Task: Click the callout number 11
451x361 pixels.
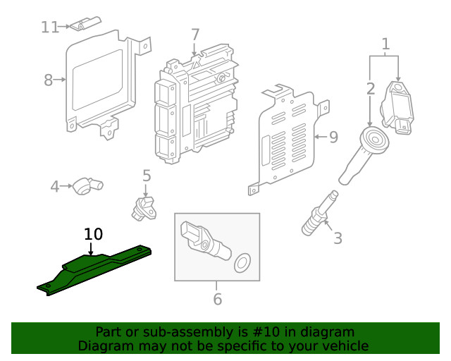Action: tap(49, 27)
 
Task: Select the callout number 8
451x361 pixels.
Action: tap(48, 80)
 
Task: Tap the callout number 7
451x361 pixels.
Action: tap(195, 34)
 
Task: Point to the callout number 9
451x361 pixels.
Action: tap(333, 136)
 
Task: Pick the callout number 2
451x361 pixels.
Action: tap(371, 88)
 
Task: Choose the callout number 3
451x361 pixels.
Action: tap(338, 238)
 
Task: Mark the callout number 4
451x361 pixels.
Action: tap(55, 187)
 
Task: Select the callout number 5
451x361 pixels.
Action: tap(147, 175)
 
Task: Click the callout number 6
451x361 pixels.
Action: tap(217, 299)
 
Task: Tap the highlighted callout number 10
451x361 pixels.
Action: tap(93, 233)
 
